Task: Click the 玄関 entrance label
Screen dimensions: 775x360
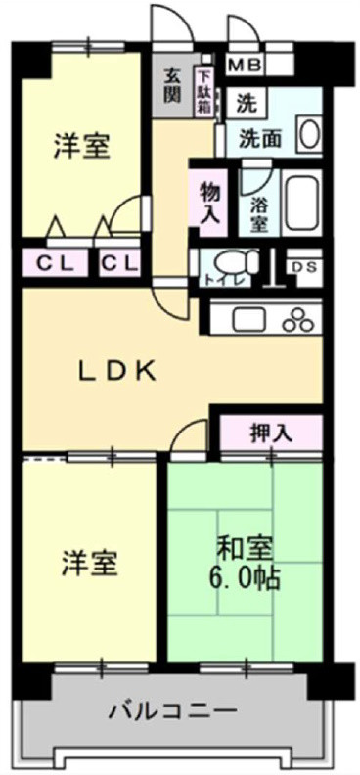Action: point(172,85)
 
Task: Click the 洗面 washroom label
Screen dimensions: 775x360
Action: point(261,138)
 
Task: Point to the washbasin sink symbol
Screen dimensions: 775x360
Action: point(310,135)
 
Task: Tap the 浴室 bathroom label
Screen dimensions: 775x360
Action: point(259,213)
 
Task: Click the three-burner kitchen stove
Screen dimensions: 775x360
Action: point(298,319)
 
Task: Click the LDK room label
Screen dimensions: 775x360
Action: point(116,370)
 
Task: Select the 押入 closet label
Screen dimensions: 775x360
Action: point(271,433)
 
